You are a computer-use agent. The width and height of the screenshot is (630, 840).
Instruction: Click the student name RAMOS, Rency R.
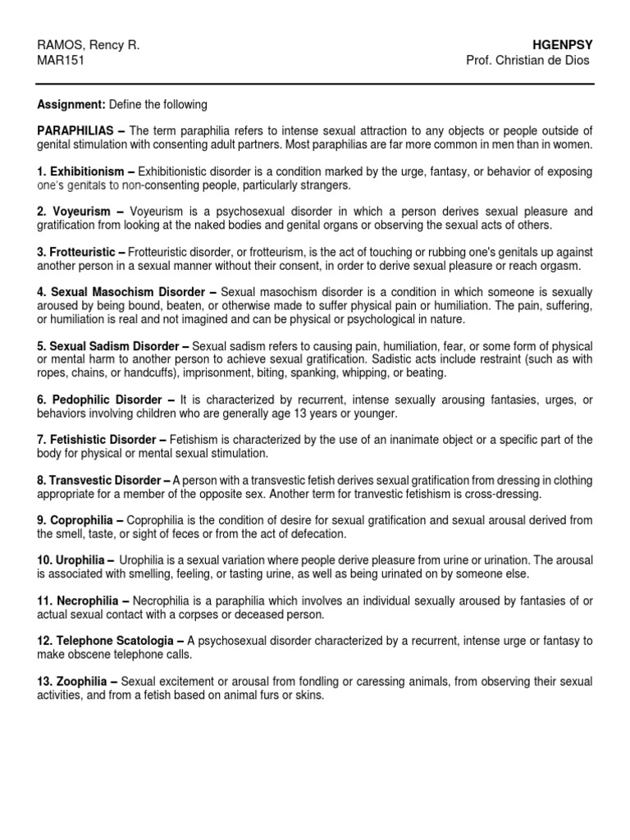click(x=89, y=45)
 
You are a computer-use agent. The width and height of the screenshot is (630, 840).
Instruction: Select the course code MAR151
click(x=62, y=61)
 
